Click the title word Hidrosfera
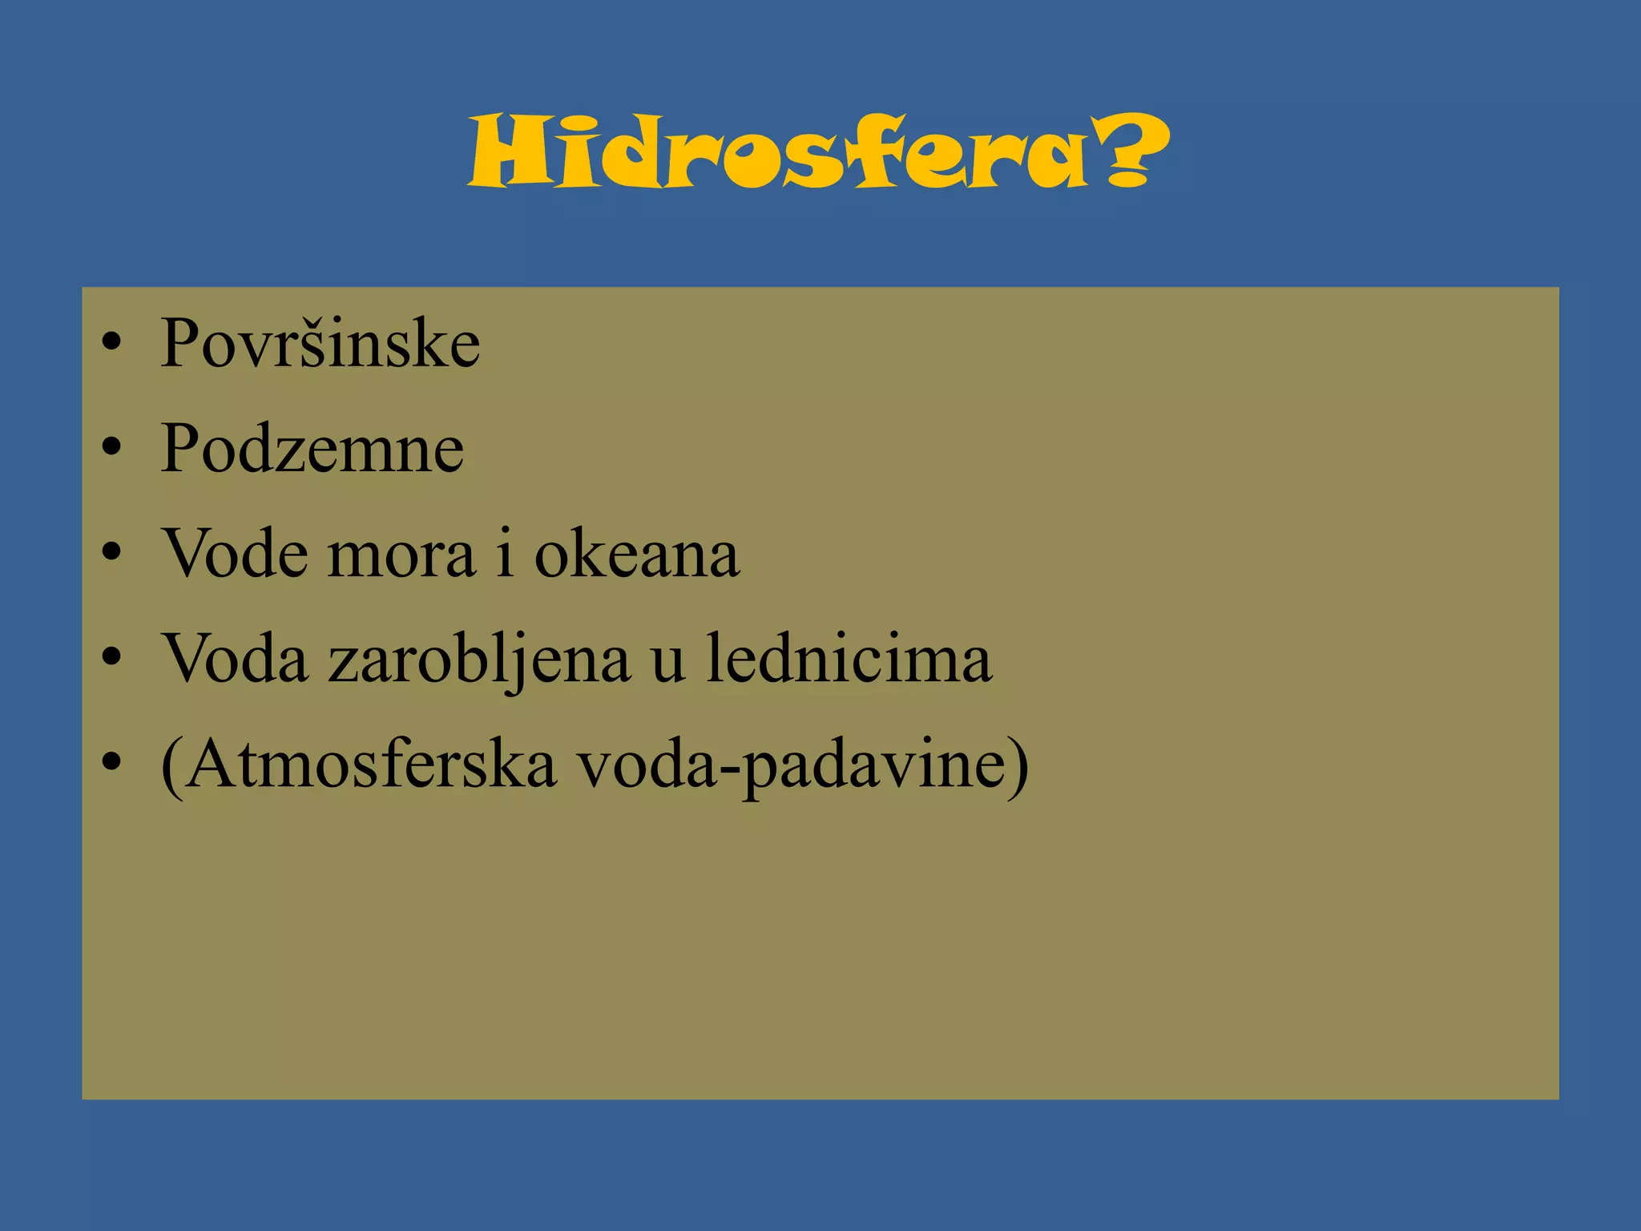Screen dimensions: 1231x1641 (x=777, y=152)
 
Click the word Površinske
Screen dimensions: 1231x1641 (x=320, y=345)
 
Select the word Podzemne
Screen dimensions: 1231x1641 (x=312, y=450)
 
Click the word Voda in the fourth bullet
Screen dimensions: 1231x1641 (x=236, y=660)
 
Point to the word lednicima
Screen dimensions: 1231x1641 (x=849, y=659)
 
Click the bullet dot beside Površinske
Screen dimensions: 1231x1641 (x=111, y=343)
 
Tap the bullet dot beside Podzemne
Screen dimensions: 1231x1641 (x=111, y=448)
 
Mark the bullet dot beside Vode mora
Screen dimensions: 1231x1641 (x=111, y=553)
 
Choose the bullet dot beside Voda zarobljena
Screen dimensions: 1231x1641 (x=111, y=658)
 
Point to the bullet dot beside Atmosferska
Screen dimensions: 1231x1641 (x=111, y=763)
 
